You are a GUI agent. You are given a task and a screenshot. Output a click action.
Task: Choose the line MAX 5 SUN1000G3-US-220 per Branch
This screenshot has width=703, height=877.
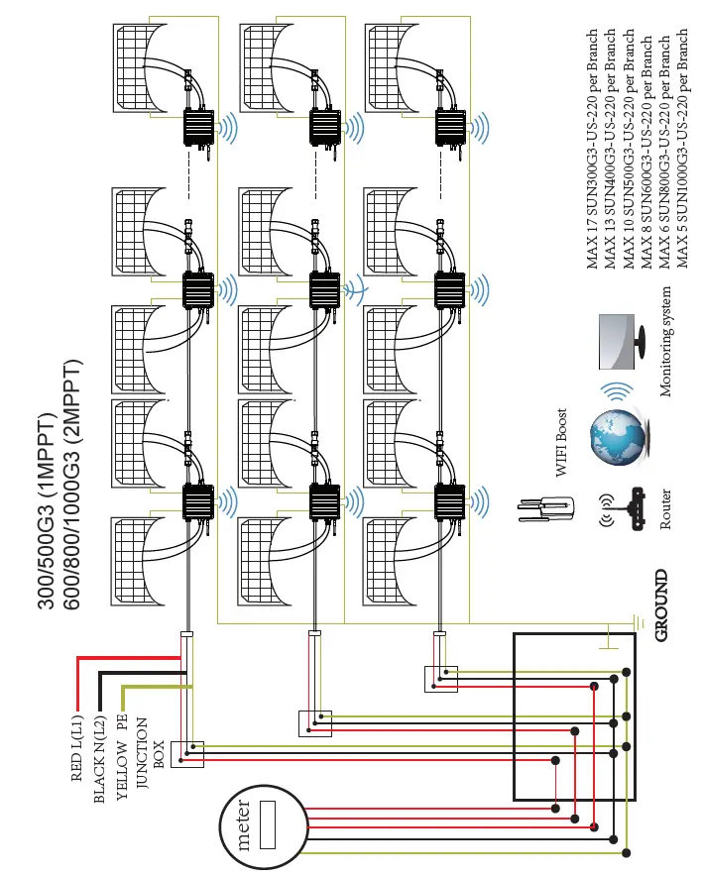click(682, 149)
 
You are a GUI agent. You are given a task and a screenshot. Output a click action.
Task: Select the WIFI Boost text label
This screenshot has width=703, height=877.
click(561, 443)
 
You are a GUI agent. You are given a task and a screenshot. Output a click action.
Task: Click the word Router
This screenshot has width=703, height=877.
click(666, 508)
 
